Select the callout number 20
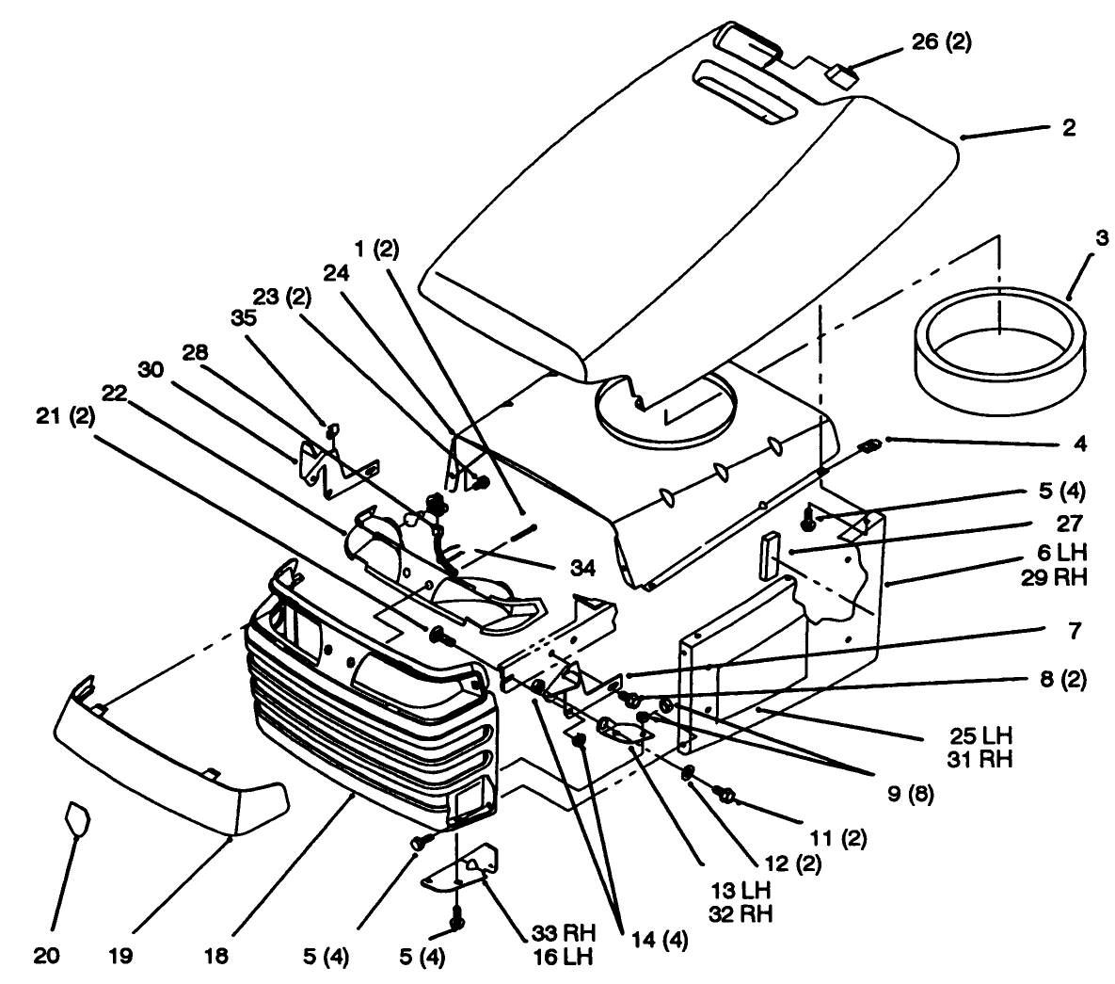pyautogui.click(x=47, y=957)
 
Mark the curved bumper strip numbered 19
pyautogui.click(x=169, y=753)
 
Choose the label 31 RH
pyautogui.click(x=981, y=758)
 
